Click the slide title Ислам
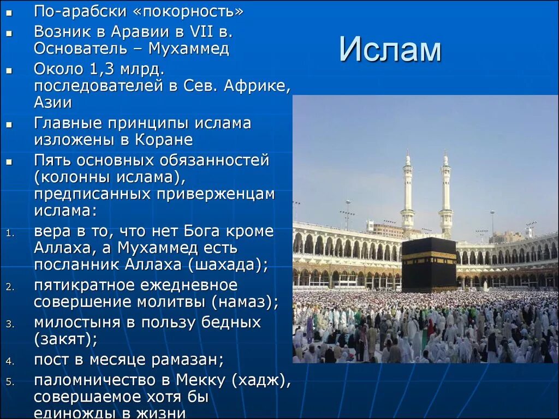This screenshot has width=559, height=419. pyautogui.click(x=390, y=50)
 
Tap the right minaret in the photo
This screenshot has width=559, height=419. pyautogui.click(x=446, y=194)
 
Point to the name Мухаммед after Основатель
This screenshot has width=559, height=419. pyautogui.click(x=189, y=49)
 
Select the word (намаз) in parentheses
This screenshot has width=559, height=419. pyautogui.click(x=246, y=301)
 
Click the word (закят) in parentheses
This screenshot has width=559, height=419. pyautogui.click(x=66, y=339)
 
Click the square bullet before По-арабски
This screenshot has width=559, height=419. pyautogui.click(x=9, y=12)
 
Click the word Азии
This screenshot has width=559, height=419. pyautogui.click(x=53, y=103)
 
